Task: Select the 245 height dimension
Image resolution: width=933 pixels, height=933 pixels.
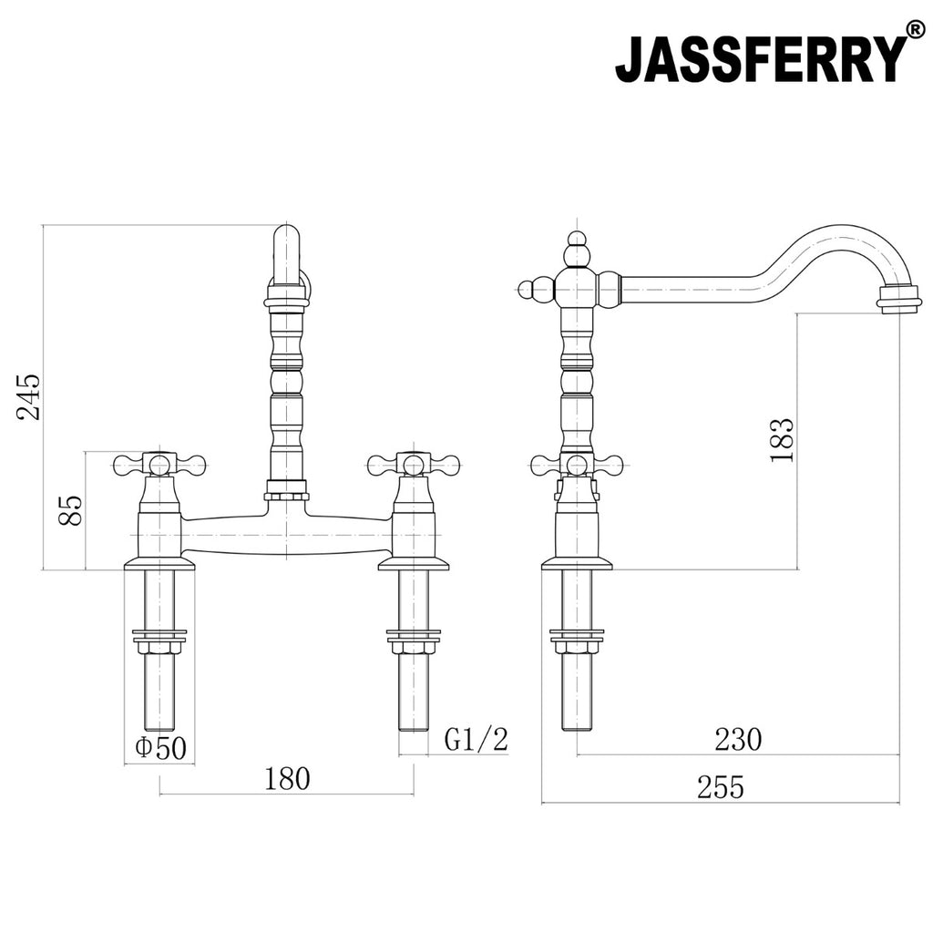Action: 29,397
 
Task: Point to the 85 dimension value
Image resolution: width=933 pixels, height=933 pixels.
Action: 71,510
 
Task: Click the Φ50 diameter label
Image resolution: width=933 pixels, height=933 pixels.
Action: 160,748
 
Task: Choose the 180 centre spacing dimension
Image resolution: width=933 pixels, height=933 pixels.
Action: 287,779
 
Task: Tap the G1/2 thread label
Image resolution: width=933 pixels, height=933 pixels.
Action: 476,740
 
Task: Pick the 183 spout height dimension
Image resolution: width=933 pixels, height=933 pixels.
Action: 782,440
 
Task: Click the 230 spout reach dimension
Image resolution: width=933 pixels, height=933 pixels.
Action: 738,740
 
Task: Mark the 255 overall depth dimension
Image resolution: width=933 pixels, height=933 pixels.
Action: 721,787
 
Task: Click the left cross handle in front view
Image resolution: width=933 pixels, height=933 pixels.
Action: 159,464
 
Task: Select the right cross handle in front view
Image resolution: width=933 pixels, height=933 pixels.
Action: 415,464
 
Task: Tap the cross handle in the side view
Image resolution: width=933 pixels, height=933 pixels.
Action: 577,464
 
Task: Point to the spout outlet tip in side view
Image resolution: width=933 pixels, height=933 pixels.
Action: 895,299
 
